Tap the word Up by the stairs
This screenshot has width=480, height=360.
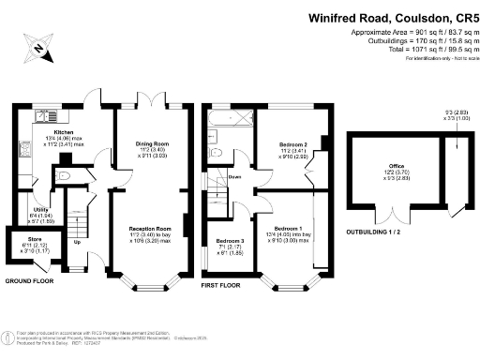[76, 243]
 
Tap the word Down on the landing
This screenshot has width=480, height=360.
[235, 174]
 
